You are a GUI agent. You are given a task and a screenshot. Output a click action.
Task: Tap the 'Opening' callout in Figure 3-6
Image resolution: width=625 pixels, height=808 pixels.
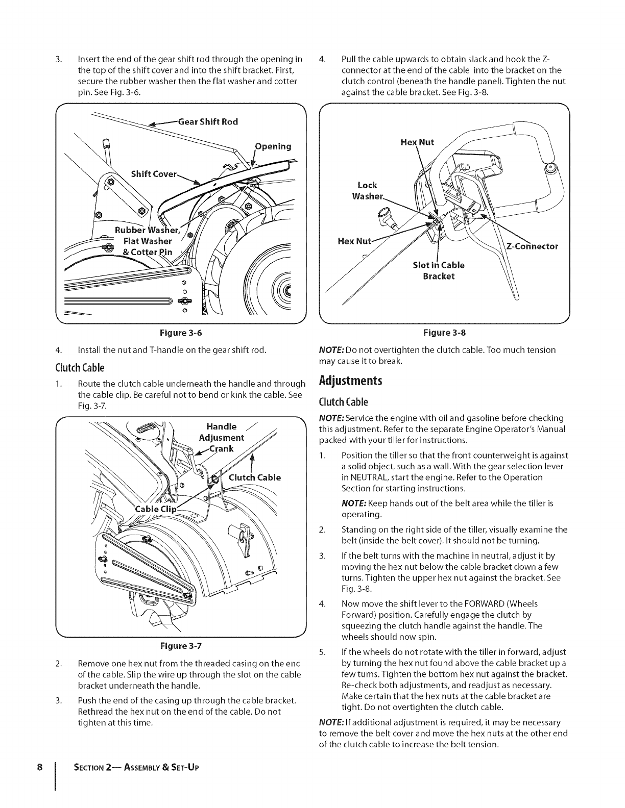pos(273,146)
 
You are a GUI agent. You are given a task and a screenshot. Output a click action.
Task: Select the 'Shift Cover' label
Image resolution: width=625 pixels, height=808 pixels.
pos(154,174)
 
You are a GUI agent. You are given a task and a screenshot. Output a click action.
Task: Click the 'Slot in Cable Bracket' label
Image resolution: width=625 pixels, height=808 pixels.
pos(439,270)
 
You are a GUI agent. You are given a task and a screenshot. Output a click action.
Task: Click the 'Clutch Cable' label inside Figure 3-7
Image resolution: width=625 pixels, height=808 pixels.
pos(255,477)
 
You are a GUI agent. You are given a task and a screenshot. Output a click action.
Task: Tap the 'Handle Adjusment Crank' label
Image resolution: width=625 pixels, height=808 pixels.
pos(221,437)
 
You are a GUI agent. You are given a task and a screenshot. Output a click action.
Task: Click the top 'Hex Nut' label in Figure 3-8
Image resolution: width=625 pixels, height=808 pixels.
pos(417,142)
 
